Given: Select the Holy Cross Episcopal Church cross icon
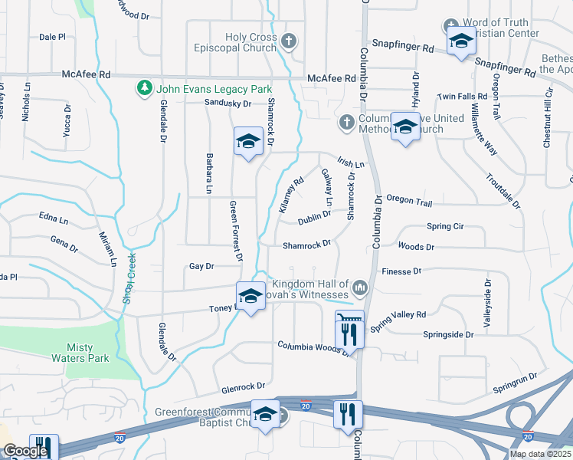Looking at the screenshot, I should (289, 41).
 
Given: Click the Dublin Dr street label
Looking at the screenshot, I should (314, 217).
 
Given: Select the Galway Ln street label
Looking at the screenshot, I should (327, 187).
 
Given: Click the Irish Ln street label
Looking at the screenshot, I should (350, 163).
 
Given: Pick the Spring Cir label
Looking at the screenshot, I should (445, 227).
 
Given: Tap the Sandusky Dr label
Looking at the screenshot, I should (228, 103).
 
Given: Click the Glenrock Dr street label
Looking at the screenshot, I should (244, 386).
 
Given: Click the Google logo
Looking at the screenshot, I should (26, 451).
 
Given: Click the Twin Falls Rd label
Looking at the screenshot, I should (462, 97).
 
